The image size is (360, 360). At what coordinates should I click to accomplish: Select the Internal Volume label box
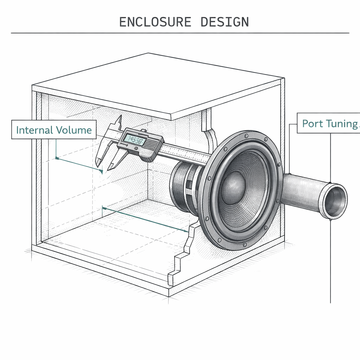[x=54, y=130]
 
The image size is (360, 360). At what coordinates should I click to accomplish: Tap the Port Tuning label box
[x=329, y=123]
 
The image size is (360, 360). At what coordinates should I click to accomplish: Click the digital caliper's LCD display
[x=135, y=141]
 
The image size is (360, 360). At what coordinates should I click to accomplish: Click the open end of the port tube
[x=336, y=201]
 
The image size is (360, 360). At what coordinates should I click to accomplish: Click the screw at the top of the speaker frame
[x=246, y=135]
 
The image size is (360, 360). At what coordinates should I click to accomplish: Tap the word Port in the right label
[x=311, y=123]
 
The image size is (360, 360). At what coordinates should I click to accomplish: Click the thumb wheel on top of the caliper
[x=143, y=131]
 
